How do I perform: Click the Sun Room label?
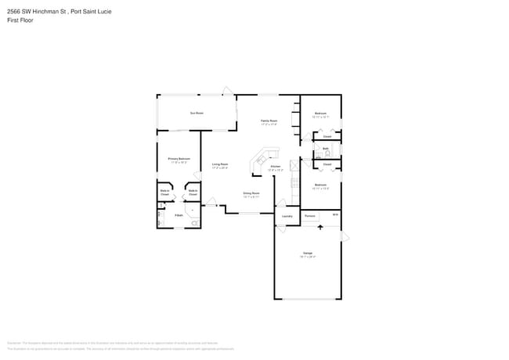tap(197, 113)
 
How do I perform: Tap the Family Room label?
tap(269, 122)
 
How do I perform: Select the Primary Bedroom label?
tap(179, 160)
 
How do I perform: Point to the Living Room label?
tap(219, 165)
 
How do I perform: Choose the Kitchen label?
tap(275, 167)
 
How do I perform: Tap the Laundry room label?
tap(287, 215)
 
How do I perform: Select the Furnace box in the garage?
tap(310, 215)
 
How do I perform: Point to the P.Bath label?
tap(179, 214)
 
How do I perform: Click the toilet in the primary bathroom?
tap(194, 223)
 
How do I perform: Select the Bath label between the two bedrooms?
tap(325, 148)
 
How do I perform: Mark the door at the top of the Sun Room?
tap(226, 92)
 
